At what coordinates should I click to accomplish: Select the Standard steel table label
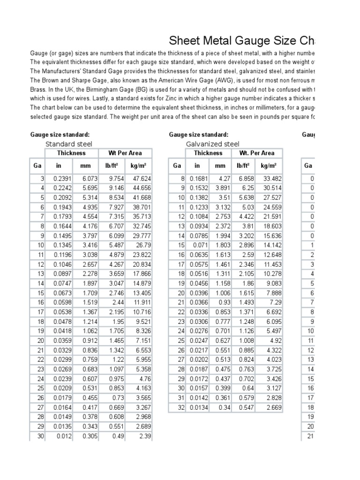68,144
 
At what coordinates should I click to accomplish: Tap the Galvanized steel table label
212,144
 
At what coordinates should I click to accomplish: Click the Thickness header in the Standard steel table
71,153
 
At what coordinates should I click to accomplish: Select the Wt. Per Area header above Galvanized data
256,153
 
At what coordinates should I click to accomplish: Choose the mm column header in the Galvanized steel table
220,165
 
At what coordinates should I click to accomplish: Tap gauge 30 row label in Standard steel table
40,436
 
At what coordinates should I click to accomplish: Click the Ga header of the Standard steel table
37,165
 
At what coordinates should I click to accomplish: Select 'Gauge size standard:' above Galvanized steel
198,135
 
